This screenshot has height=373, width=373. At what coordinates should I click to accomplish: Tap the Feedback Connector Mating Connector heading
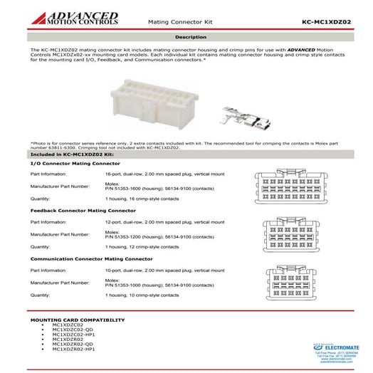coord(83,211)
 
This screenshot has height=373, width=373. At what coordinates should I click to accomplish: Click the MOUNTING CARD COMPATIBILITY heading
coord(73,320)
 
